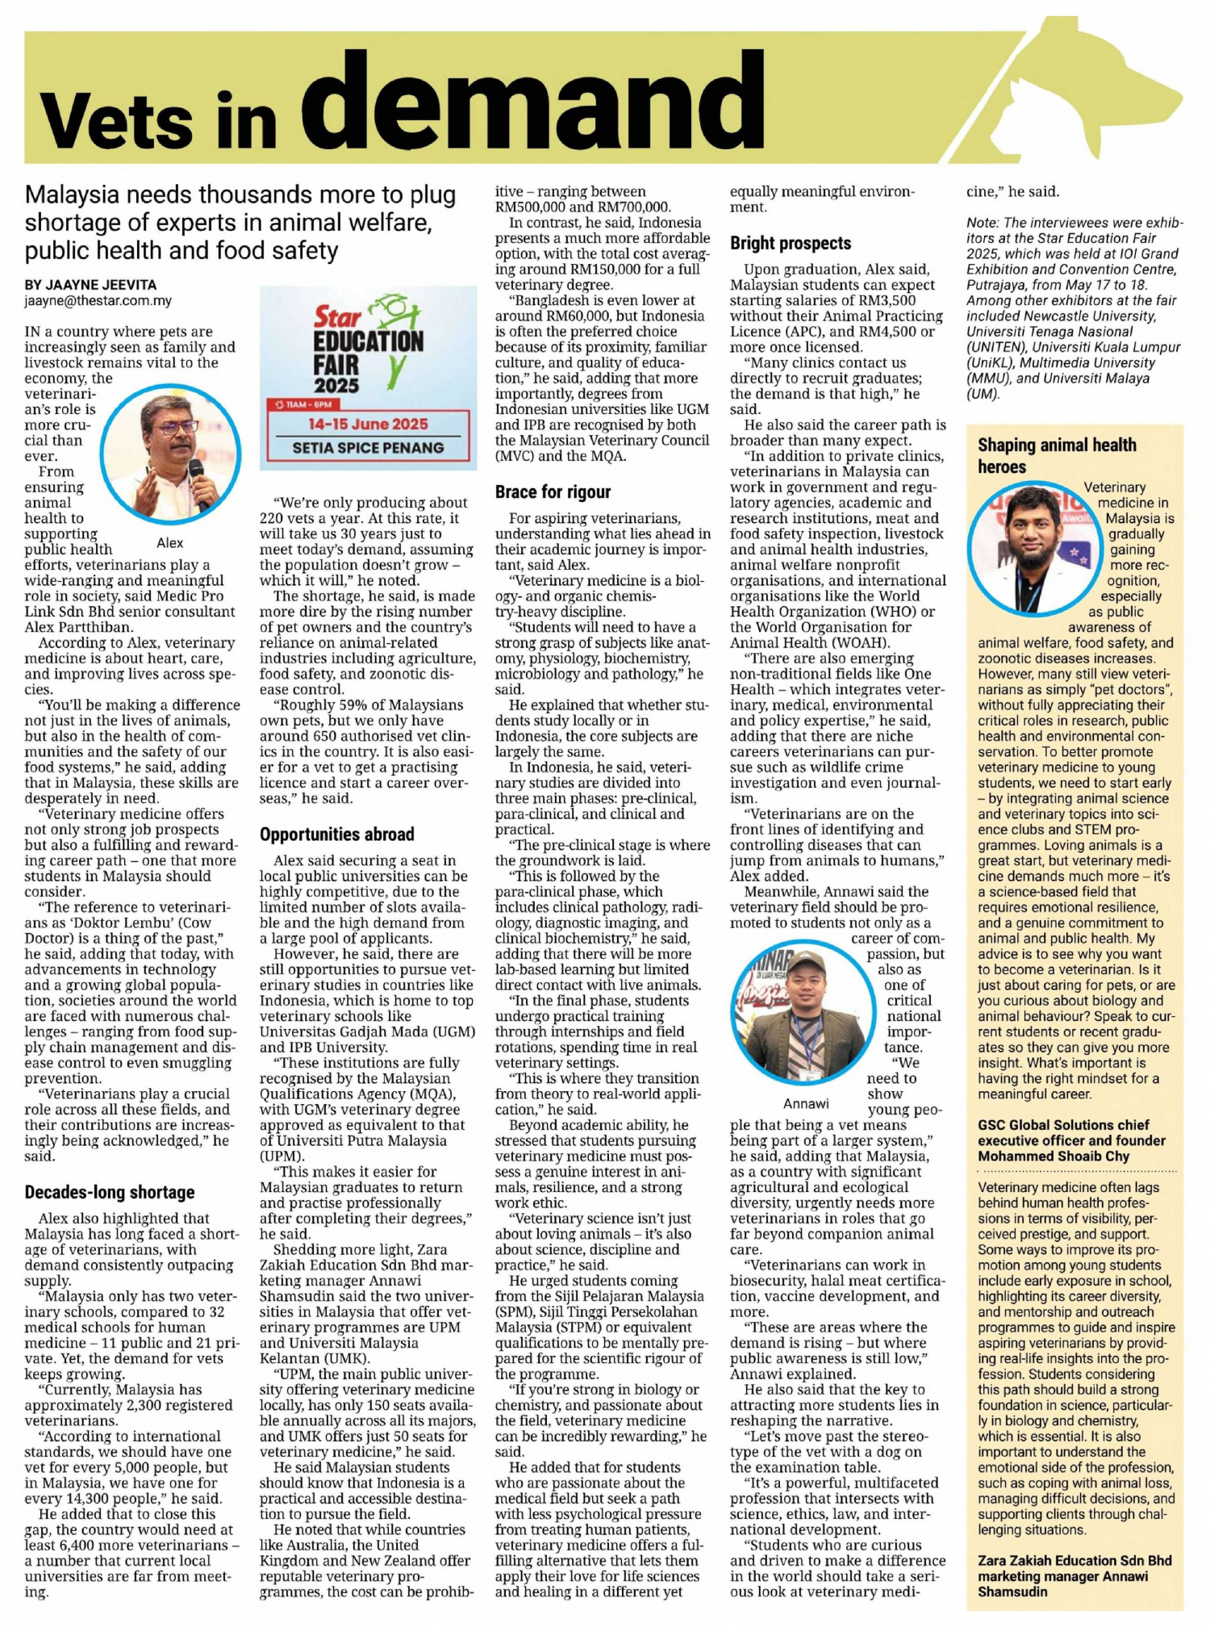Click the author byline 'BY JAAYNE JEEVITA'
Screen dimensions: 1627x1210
[90, 285]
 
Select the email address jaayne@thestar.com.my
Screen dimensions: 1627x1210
[98, 301]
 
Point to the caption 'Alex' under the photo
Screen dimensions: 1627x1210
[169, 543]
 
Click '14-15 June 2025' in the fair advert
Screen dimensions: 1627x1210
[368, 425]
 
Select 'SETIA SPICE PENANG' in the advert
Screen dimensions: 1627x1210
[368, 448]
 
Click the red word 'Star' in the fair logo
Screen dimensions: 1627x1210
[337, 316]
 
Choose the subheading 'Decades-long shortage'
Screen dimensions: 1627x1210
[110, 1192]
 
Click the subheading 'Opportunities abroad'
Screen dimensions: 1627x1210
[336, 834]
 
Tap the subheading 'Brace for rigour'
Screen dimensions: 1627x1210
[553, 492]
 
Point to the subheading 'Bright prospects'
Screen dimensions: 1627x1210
[791, 244]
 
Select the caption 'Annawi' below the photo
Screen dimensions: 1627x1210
[806, 1103]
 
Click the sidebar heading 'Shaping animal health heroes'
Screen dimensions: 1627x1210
[1057, 455]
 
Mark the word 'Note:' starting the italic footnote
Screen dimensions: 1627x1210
[983, 223]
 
